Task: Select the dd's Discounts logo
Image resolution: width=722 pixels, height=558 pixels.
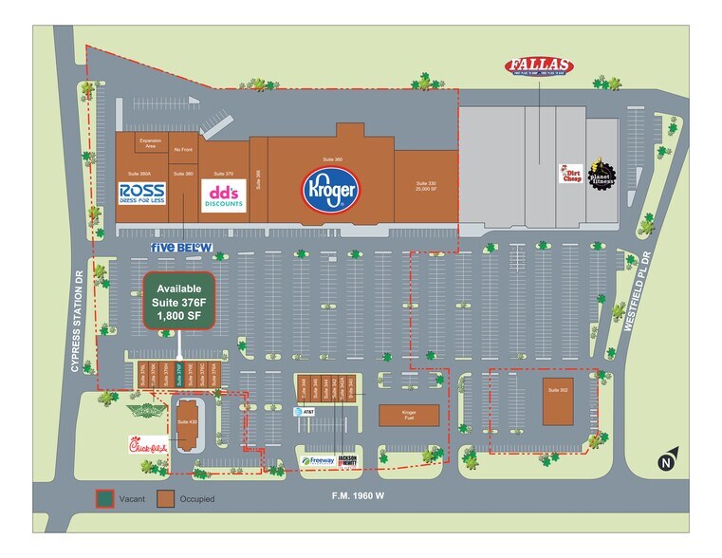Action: (224, 194)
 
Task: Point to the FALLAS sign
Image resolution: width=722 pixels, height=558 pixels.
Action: (538, 66)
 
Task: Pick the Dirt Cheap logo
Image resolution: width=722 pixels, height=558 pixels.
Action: (569, 176)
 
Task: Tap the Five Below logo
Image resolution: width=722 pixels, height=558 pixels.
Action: (181, 247)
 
